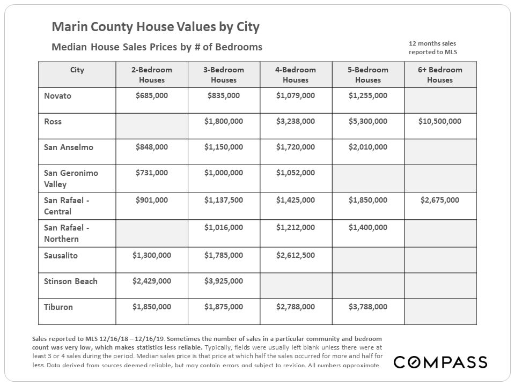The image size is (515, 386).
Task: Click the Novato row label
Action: (x=58, y=96)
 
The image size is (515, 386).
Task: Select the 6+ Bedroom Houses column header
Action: (x=440, y=75)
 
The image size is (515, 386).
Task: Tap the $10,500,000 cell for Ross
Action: (x=440, y=122)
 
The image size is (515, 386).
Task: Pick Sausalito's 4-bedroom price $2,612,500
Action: (x=296, y=256)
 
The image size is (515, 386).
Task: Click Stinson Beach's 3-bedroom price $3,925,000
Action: (x=224, y=281)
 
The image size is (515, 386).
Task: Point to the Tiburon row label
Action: (x=58, y=307)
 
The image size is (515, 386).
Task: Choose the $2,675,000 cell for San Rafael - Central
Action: (x=440, y=201)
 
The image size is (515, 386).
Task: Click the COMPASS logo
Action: (x=440, y=362)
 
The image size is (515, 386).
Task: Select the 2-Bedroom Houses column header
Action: (x=152, y=75)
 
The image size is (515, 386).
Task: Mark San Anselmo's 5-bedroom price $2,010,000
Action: (x=368, y=147)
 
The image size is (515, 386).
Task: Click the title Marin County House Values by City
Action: (x=156, y=27)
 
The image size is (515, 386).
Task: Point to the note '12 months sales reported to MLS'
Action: (x=432, y=47)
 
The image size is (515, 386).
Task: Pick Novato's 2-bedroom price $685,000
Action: (x=152, y=96)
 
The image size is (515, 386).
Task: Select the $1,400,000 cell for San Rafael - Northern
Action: (x=368, y=228)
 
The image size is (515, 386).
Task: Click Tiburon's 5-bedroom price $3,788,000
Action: (x=368, y=307)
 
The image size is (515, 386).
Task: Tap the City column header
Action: (x=77, y=70)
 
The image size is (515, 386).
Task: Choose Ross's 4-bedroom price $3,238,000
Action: (x=296, y=122)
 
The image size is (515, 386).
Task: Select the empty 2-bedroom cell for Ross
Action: (x=152, y=126)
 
